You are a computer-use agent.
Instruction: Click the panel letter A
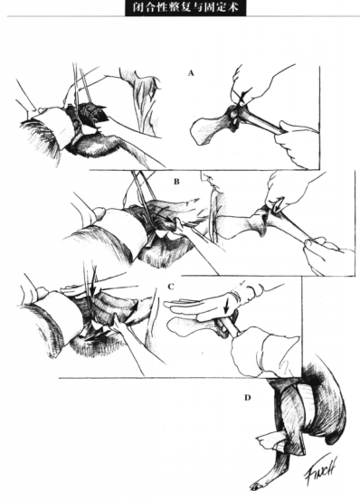point(191,73)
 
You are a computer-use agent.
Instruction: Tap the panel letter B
point(176,182)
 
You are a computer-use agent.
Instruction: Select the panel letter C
point(171,287)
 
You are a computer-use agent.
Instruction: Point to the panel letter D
point(248,398)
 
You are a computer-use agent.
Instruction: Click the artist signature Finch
point(321,469)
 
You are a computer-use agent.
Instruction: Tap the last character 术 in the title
point(233,7)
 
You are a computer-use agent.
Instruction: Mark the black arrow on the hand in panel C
point(227,308)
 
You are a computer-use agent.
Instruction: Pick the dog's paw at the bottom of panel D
point(256,487)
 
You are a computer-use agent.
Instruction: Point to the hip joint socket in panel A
point(234,117)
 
